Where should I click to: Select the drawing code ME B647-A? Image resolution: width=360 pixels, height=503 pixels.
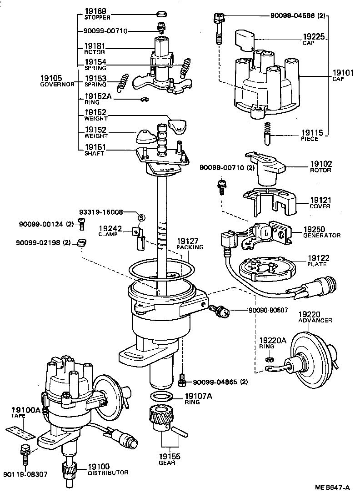coord(333,488)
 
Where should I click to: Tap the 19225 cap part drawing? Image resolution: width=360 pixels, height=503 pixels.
coord(245,40)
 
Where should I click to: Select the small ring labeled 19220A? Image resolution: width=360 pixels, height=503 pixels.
coord(269,360)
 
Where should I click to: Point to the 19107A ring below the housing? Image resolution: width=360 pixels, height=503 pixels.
coord(161,396)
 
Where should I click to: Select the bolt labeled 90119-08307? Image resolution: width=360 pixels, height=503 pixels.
coord(25,451)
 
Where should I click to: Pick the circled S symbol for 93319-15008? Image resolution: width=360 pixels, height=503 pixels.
coord(141,217)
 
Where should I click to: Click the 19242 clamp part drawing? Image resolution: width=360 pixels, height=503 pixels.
coord(138,236)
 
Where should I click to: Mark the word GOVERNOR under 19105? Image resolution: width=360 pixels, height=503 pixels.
coord(57,85)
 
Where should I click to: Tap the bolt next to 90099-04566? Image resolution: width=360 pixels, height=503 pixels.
coord(217,28)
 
